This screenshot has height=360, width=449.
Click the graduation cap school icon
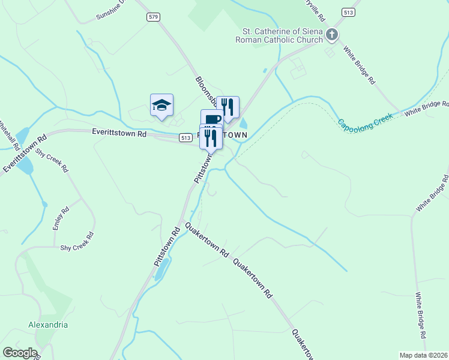[161, 106]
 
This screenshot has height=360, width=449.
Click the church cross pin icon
[332, 35]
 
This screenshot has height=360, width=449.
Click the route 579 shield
[153, 17]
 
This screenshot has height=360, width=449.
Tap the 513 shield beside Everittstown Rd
[185, 137]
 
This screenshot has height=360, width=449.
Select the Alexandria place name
[48, 325]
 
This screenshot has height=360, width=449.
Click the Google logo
[20, 353]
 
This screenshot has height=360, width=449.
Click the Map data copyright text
[424, 355]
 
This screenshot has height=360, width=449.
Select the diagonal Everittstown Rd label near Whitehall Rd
[25, 154]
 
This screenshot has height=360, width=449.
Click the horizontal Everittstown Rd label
[119, 133]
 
